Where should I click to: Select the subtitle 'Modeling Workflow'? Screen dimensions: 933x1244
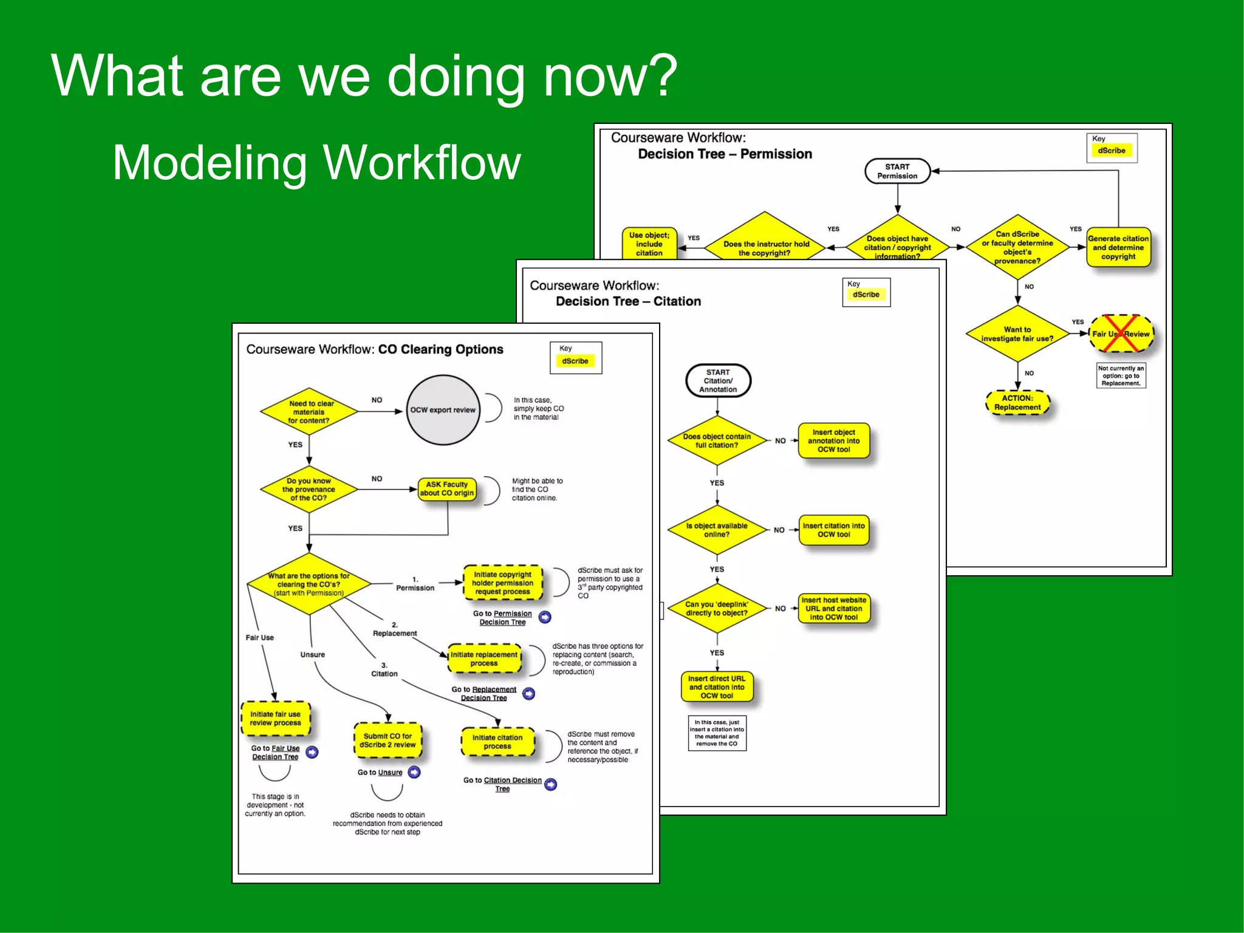pyautogui.click(x=316, y=163)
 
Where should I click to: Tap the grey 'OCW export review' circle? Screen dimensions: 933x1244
pyautogui.click(x=443, y=410)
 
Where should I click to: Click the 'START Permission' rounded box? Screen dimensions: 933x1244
pyautogui.click(x=897, y=171)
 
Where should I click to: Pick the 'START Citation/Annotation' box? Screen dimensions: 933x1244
pyautogui.click(x=718, y=381)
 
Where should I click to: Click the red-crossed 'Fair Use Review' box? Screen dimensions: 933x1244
pyautogui.click(x=1121, y=333)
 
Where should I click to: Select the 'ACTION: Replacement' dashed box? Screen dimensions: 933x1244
pyautogui.click(x=1017, y=403)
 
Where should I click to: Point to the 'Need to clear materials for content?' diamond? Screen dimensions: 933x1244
pyautogui.click(x=309, y=412)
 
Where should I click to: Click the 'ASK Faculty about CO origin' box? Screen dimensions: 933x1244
pyautogui.click(x=446, y=489)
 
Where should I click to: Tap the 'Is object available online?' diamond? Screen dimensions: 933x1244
pyautogui.click(x=717, y=530)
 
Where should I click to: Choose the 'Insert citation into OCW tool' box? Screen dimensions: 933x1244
pyautogui.click(x=833, y=530)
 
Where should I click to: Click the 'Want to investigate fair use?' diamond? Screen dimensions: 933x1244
pyautogui.click(x=1017, y=334)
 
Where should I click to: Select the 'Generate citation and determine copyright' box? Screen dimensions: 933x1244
pyautogui.click(x=1118, y=247)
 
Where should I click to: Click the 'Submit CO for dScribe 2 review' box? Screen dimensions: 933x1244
pyautogui.click(x=388, y=740)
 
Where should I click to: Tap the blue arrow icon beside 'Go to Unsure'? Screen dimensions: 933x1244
pyautogui.click(x=414, y=772)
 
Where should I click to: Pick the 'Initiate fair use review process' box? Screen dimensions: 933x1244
pyautogui.click(x=275, y=719)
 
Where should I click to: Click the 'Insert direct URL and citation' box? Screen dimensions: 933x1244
pyautogui.click(x=717, y=687)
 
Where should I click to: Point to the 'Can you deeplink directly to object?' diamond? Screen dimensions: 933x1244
pyautogui.click(x=717, y=609)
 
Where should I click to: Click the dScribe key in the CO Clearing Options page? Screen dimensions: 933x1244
pyautogui.click(x=575, y=361)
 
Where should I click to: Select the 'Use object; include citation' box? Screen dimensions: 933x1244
pyautogui.click(x=649, y=244)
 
